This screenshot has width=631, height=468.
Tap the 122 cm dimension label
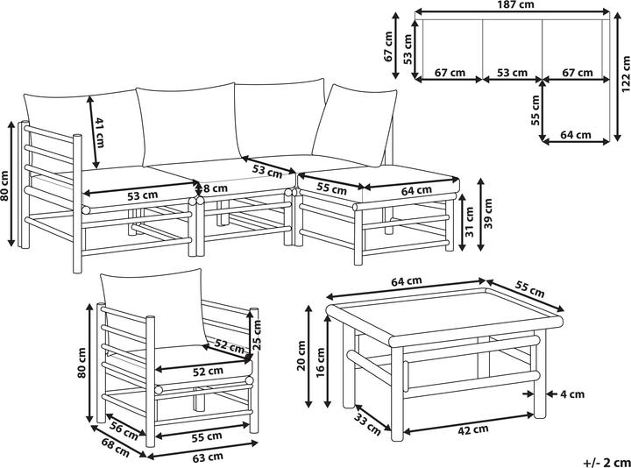coord(626,74)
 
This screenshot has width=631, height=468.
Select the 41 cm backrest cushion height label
coord(98,132)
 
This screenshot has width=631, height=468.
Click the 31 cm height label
coord(469,223)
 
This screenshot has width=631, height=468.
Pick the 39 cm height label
coord(488,213)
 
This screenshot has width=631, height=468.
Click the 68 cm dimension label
coord(116,448)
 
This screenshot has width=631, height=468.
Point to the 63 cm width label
coord(208,457)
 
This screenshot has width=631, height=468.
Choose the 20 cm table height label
coord(301,356)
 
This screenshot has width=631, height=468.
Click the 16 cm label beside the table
coord(321,362)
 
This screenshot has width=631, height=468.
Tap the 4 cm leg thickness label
coord(572,394)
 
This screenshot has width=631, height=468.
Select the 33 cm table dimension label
coord(367,423)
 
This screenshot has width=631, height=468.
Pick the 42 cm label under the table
coord(473,430)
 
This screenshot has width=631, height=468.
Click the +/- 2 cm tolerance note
coord(606,462)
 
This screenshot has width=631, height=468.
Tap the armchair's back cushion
coord(152,308)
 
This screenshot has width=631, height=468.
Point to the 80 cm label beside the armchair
coord(82,363)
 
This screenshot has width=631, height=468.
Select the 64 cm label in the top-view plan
coord(576,135)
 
